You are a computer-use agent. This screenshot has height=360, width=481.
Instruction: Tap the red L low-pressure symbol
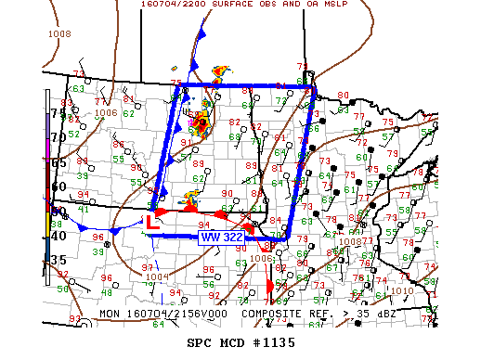(151, 222)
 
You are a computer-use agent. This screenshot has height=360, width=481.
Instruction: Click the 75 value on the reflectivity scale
(58, 113)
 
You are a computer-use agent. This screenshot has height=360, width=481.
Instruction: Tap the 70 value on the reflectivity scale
(58, 137)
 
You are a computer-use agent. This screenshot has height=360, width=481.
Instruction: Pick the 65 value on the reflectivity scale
(58, 162)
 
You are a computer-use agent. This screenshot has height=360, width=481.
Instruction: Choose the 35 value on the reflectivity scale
(58, 260)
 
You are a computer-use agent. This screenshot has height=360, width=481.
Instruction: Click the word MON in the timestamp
(110, 314)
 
